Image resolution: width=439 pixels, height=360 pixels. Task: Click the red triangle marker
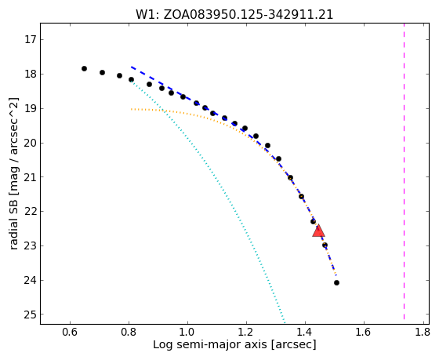point(318,231)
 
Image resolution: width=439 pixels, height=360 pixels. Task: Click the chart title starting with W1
point(234,15)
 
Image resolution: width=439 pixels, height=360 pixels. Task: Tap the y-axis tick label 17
point(31,39)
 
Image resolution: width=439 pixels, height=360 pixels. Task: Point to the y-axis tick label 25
point(31,315)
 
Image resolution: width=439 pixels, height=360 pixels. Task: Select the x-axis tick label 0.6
point(70,333)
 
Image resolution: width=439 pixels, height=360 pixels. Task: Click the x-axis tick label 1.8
point(423,333)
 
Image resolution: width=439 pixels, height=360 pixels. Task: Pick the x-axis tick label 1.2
point(246,333)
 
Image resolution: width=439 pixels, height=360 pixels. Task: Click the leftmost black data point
point(85,69)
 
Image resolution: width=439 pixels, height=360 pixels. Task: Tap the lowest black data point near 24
point(337,283)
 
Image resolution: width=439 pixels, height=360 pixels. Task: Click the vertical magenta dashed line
point(404,171)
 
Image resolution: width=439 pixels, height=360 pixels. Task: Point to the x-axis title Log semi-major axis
point(210,345)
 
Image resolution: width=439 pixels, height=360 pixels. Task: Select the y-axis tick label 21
point(31,177)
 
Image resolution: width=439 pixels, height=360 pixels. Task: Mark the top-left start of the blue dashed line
point(132,67)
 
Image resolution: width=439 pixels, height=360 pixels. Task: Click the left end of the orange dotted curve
point(132,109)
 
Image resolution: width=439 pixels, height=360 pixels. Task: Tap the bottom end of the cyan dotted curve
point(285,323)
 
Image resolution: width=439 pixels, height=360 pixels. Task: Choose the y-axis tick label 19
point(31,108)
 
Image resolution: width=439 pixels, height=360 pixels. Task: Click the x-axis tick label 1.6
point(364,333)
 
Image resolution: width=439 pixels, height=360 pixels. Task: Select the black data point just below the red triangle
point(325,245)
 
